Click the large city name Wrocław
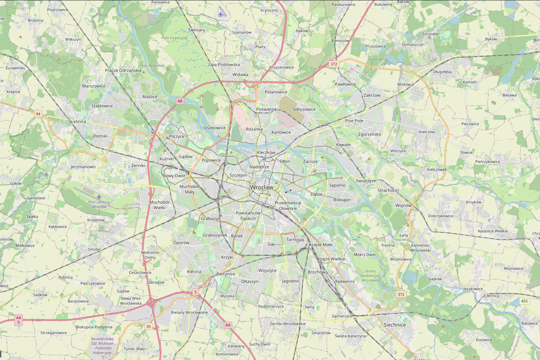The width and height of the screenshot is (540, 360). click(261, 187)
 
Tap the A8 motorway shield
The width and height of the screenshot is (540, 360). click(180, 101)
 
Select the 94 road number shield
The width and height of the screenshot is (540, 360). click(38, 114)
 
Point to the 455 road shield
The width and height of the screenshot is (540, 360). click(524, 301)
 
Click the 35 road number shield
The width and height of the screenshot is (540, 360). click(149, 327)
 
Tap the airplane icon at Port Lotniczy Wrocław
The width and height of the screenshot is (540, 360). click(99, 197)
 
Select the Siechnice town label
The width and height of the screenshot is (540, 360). click(394, 325)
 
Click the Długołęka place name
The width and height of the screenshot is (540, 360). click(442, 72)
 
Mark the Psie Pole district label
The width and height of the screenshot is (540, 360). click(354, 121)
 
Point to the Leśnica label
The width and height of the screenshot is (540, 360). click(79, 122)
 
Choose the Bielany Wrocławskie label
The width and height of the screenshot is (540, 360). click(189, 312)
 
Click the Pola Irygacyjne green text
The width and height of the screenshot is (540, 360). click(174, 38)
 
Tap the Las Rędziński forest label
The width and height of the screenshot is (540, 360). click(153, 66)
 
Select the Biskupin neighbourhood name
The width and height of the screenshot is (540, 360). click(342, 200)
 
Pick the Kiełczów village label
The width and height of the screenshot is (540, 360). click(427, 132)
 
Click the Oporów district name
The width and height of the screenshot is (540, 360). click(181, 243)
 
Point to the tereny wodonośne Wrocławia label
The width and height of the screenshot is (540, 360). click(370, 276)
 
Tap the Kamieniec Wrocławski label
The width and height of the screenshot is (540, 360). click(420, 248)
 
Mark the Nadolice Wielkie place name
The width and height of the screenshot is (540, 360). click(492, 231)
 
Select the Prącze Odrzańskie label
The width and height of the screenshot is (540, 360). click(123, 70)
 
